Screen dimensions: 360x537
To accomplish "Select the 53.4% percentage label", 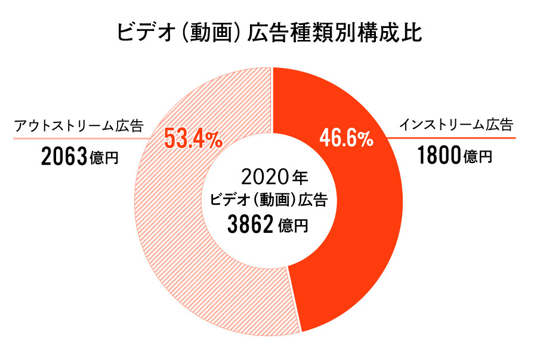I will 193,139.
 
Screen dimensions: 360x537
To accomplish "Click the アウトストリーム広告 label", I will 79,126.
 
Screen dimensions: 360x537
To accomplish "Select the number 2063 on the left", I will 65,158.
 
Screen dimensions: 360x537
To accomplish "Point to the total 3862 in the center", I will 250,225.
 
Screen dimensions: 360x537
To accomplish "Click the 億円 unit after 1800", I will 478,158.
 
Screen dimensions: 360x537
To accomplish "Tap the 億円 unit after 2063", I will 104,159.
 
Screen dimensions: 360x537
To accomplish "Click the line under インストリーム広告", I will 453,138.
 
